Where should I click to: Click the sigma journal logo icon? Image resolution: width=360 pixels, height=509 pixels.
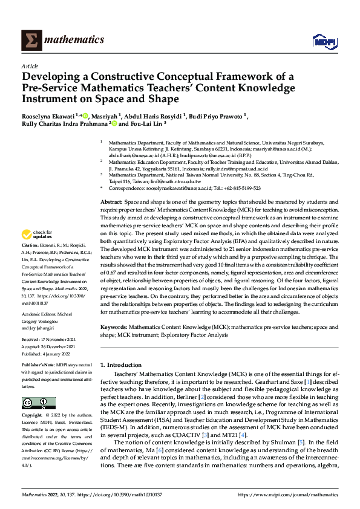click(30, 41)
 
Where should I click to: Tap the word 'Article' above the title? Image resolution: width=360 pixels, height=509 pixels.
click(30, 66)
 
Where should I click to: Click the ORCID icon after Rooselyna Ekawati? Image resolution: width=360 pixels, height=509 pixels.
click(86, 116)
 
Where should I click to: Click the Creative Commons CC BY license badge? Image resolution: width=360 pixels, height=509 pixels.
click(38, 403)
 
